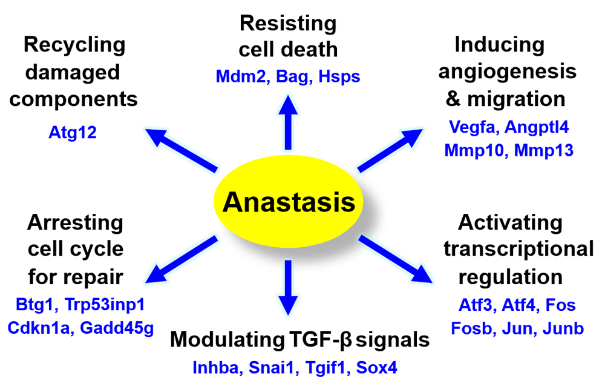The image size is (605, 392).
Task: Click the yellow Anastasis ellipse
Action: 288,202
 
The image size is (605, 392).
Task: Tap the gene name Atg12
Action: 73,132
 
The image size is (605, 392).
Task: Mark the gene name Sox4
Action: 376,367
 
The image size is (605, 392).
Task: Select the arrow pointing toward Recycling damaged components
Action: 181,149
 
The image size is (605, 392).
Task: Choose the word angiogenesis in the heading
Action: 507,71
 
